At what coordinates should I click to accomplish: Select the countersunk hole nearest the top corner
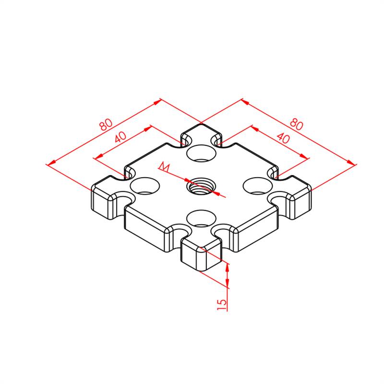[201, 154]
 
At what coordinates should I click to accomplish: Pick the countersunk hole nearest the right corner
[258, 186]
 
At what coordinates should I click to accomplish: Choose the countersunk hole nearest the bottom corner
[201, 218]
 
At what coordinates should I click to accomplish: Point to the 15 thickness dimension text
[222, 305]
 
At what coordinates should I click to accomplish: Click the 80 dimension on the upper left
[106, 124]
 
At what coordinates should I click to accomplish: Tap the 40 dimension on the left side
[120, 137]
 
